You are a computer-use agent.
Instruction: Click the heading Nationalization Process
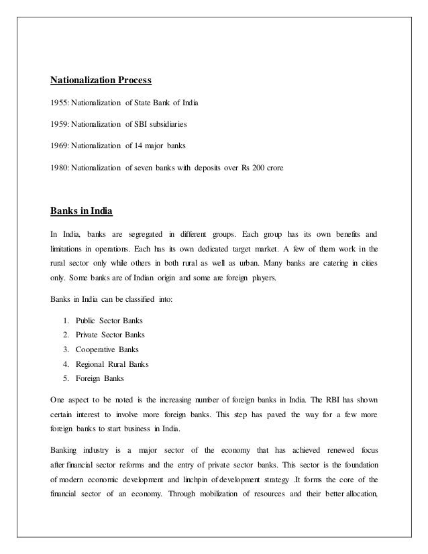coord(101,82)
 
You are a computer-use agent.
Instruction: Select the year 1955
coord(59,103)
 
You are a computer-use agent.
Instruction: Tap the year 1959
coord(59,123)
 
